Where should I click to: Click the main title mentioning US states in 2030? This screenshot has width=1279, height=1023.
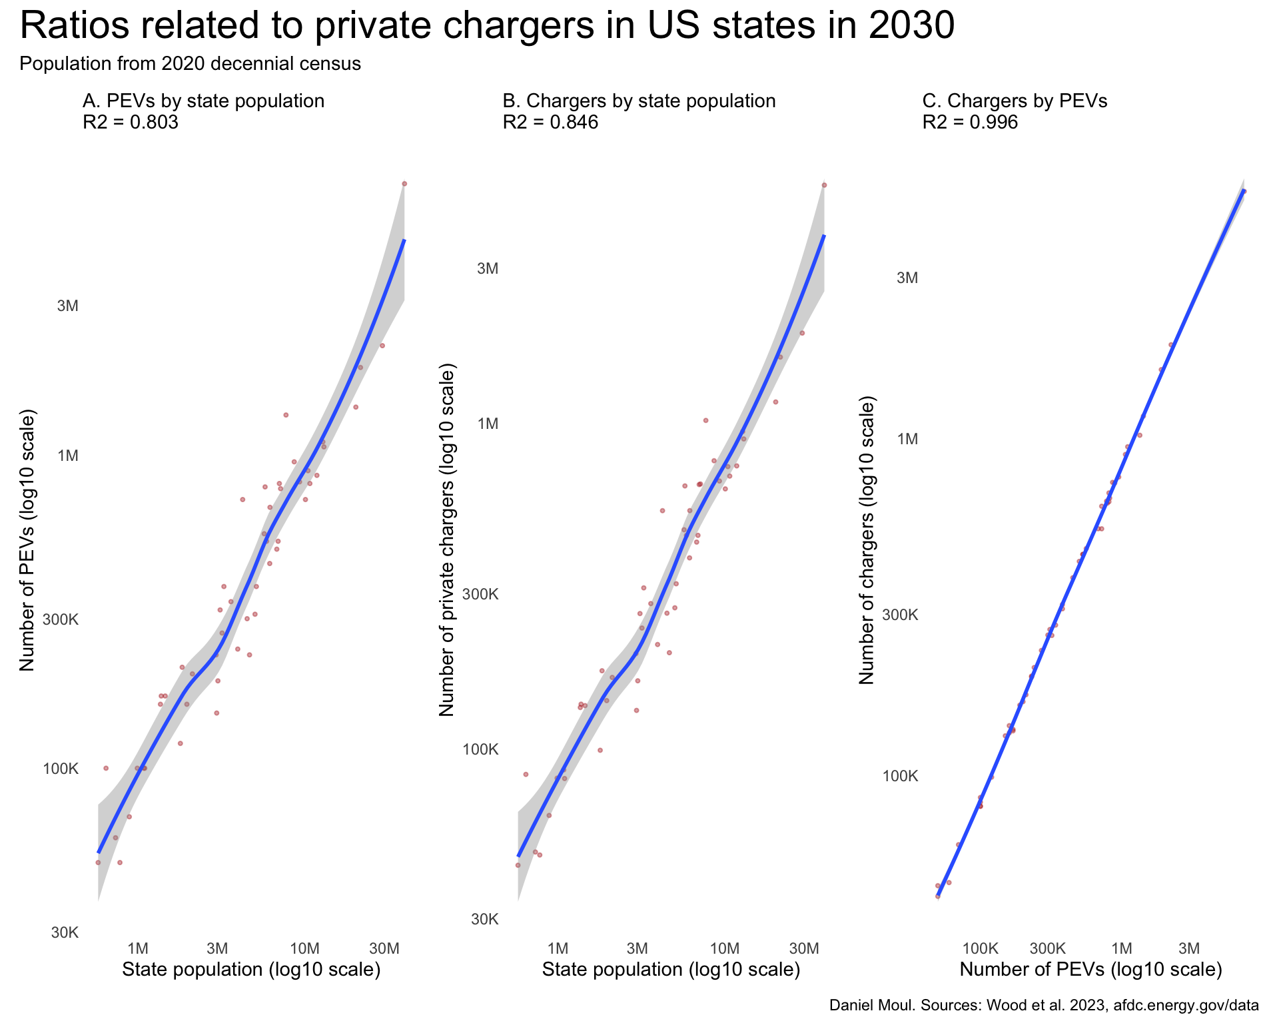click(x=488, y=27)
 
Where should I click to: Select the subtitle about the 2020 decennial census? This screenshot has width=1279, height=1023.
click(x=191, y=64)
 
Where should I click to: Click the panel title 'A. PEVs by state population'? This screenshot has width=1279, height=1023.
click(x=203, y=101)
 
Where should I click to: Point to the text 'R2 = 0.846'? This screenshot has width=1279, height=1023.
click(x=550, y=123)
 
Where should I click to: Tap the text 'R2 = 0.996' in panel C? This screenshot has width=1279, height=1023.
click(x=970, y=123)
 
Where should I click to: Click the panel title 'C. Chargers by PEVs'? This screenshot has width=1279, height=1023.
click(x=1015, y=101)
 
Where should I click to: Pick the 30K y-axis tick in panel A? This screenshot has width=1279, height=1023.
click(x=65, y=932)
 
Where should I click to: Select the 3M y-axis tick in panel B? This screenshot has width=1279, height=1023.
click(x=488, y=268)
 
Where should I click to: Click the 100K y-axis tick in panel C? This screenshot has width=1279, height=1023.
click(x=900, y=777)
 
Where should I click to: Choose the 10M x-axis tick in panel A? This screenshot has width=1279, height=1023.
click(x=305, y=948)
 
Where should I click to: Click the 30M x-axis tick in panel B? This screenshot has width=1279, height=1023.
click(x=804, y=948)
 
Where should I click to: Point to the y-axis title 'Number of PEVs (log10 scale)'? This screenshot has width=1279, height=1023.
click(x=27, y=541)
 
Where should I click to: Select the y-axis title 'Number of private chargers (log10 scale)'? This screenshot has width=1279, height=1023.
click(x=446, y=541)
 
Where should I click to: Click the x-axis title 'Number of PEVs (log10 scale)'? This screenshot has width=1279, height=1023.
click(x=1090, y=970)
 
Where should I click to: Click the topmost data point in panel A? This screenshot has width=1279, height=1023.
click(x=404, y=184)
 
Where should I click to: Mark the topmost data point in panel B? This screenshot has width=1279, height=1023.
click(x=824, y=185)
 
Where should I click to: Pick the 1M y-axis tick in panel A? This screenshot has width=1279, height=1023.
click(x=68, y=456)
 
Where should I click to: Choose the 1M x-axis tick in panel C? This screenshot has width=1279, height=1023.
click(x=1122, y=948)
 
